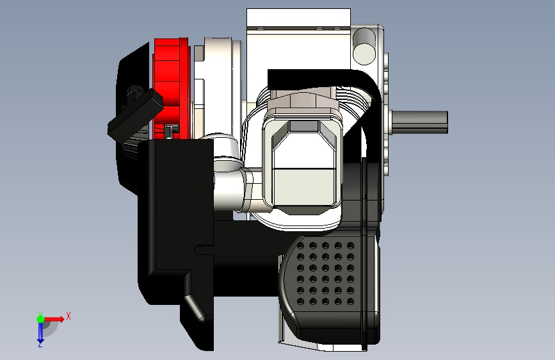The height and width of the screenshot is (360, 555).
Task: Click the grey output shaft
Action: (420, 122)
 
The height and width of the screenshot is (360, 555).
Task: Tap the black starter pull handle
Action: (135, 113)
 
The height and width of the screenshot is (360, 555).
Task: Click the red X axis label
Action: (68, 316)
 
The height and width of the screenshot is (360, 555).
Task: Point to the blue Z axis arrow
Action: (40, 332)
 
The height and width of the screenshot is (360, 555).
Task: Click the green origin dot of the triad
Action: (41, 319)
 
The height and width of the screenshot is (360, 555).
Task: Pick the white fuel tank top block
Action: (298, 18)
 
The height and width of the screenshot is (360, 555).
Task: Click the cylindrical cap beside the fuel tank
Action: (364, 46)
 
